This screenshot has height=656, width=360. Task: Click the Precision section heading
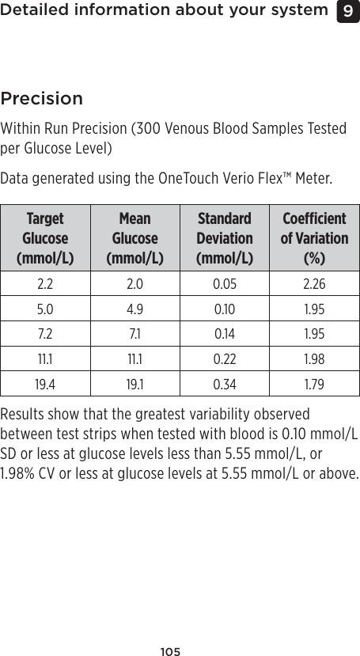point(42,99)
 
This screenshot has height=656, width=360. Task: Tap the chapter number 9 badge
point(347,11)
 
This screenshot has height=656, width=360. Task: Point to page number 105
point(170,651)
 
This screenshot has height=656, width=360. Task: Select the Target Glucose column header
point(45,237)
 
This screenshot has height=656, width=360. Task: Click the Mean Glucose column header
point(135,237)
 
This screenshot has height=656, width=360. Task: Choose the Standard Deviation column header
point(225,237)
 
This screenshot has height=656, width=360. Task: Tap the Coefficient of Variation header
point(315,237)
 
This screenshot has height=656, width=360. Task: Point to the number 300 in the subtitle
point(146,128)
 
